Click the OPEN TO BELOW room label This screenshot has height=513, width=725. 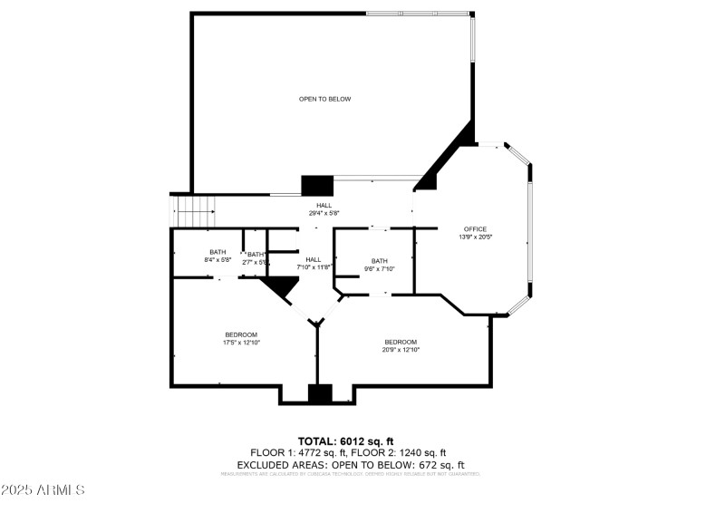[x=324, y=99]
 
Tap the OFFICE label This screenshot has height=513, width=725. [x=475, y=228]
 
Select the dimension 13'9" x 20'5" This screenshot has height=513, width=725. [x=475, y=237]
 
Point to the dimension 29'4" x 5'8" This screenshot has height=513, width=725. [x=324, y=213]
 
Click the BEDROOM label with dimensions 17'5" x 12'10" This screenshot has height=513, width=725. [x=241, y=334]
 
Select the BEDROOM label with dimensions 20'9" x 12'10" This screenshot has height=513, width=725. [x=401, y=342]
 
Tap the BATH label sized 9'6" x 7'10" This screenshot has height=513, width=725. [x=378, y=261]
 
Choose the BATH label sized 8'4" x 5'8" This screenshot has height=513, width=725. [x=217, y=252]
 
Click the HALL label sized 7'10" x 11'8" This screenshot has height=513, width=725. [x=313, y=259]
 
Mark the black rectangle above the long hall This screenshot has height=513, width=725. [x=317, y=185]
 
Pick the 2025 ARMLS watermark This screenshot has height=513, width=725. [x=43, y=490]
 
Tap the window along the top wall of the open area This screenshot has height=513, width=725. [x=418, y=14]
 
